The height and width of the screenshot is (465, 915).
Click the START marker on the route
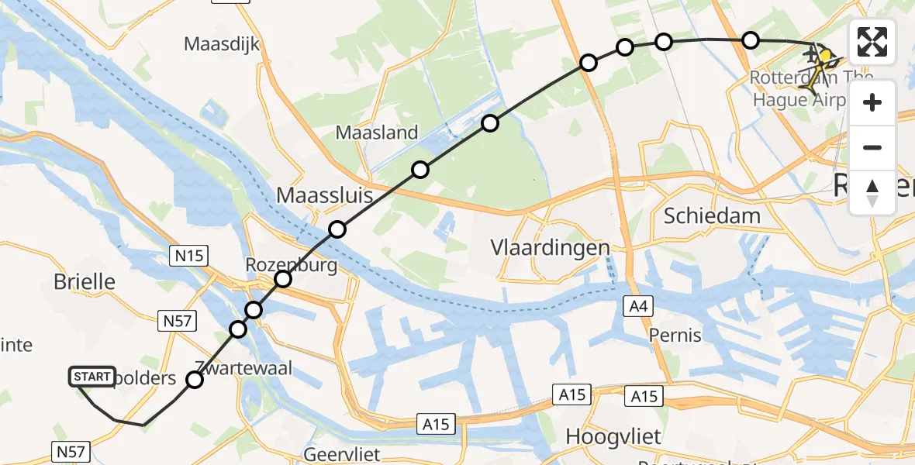[x=92, y=377]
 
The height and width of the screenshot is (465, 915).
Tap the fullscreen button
[x=872, y=42]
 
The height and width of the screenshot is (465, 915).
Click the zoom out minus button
[x=872, y=147]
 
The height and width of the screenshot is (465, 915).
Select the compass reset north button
[x=872, y=192]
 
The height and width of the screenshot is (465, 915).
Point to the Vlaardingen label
[x=550, y=247]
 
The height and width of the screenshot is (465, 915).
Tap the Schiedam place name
[x=712, y=215]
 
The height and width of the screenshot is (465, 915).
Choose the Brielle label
[x=85, y=282]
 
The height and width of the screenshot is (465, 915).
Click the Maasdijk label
[x=220, y=43]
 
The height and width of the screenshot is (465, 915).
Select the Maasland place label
[x=377, y=133]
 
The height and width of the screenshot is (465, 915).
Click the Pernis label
[x=676, y=336]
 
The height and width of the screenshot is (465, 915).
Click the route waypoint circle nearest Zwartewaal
[x=194, y=380]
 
